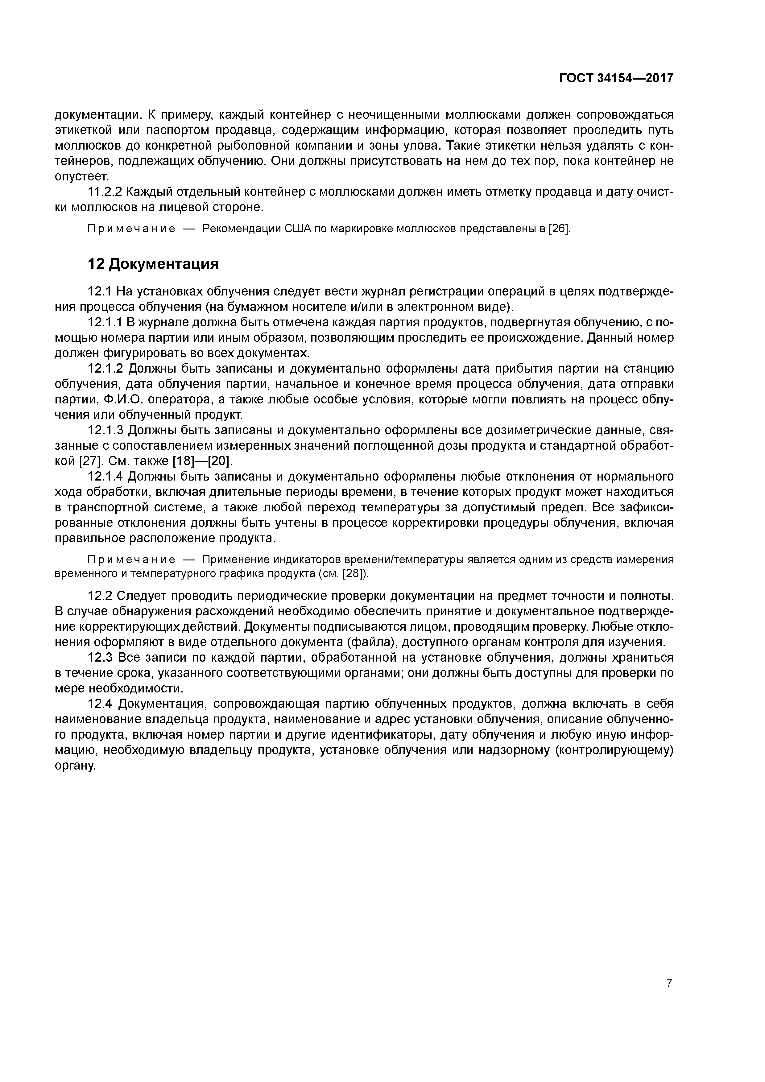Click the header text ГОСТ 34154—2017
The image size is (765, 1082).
click(x=616, y=78)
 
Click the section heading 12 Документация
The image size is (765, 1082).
click(x=153, y=264)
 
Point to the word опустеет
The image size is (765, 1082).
click(x=81, y=177)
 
